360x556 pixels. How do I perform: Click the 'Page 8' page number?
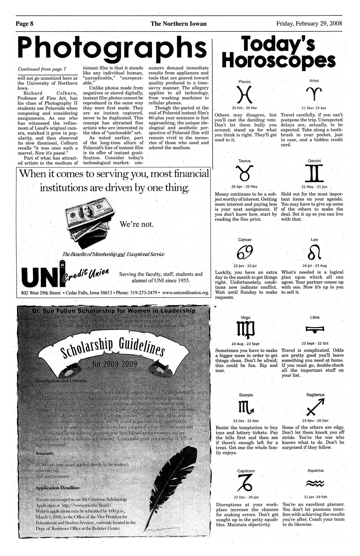(x=25, y=24)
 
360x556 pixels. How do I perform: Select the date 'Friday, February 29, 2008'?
(x=309, y=24)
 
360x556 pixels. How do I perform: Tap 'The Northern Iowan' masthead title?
(x=178, y=24)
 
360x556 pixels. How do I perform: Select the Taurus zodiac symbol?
(x=244, y=173)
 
